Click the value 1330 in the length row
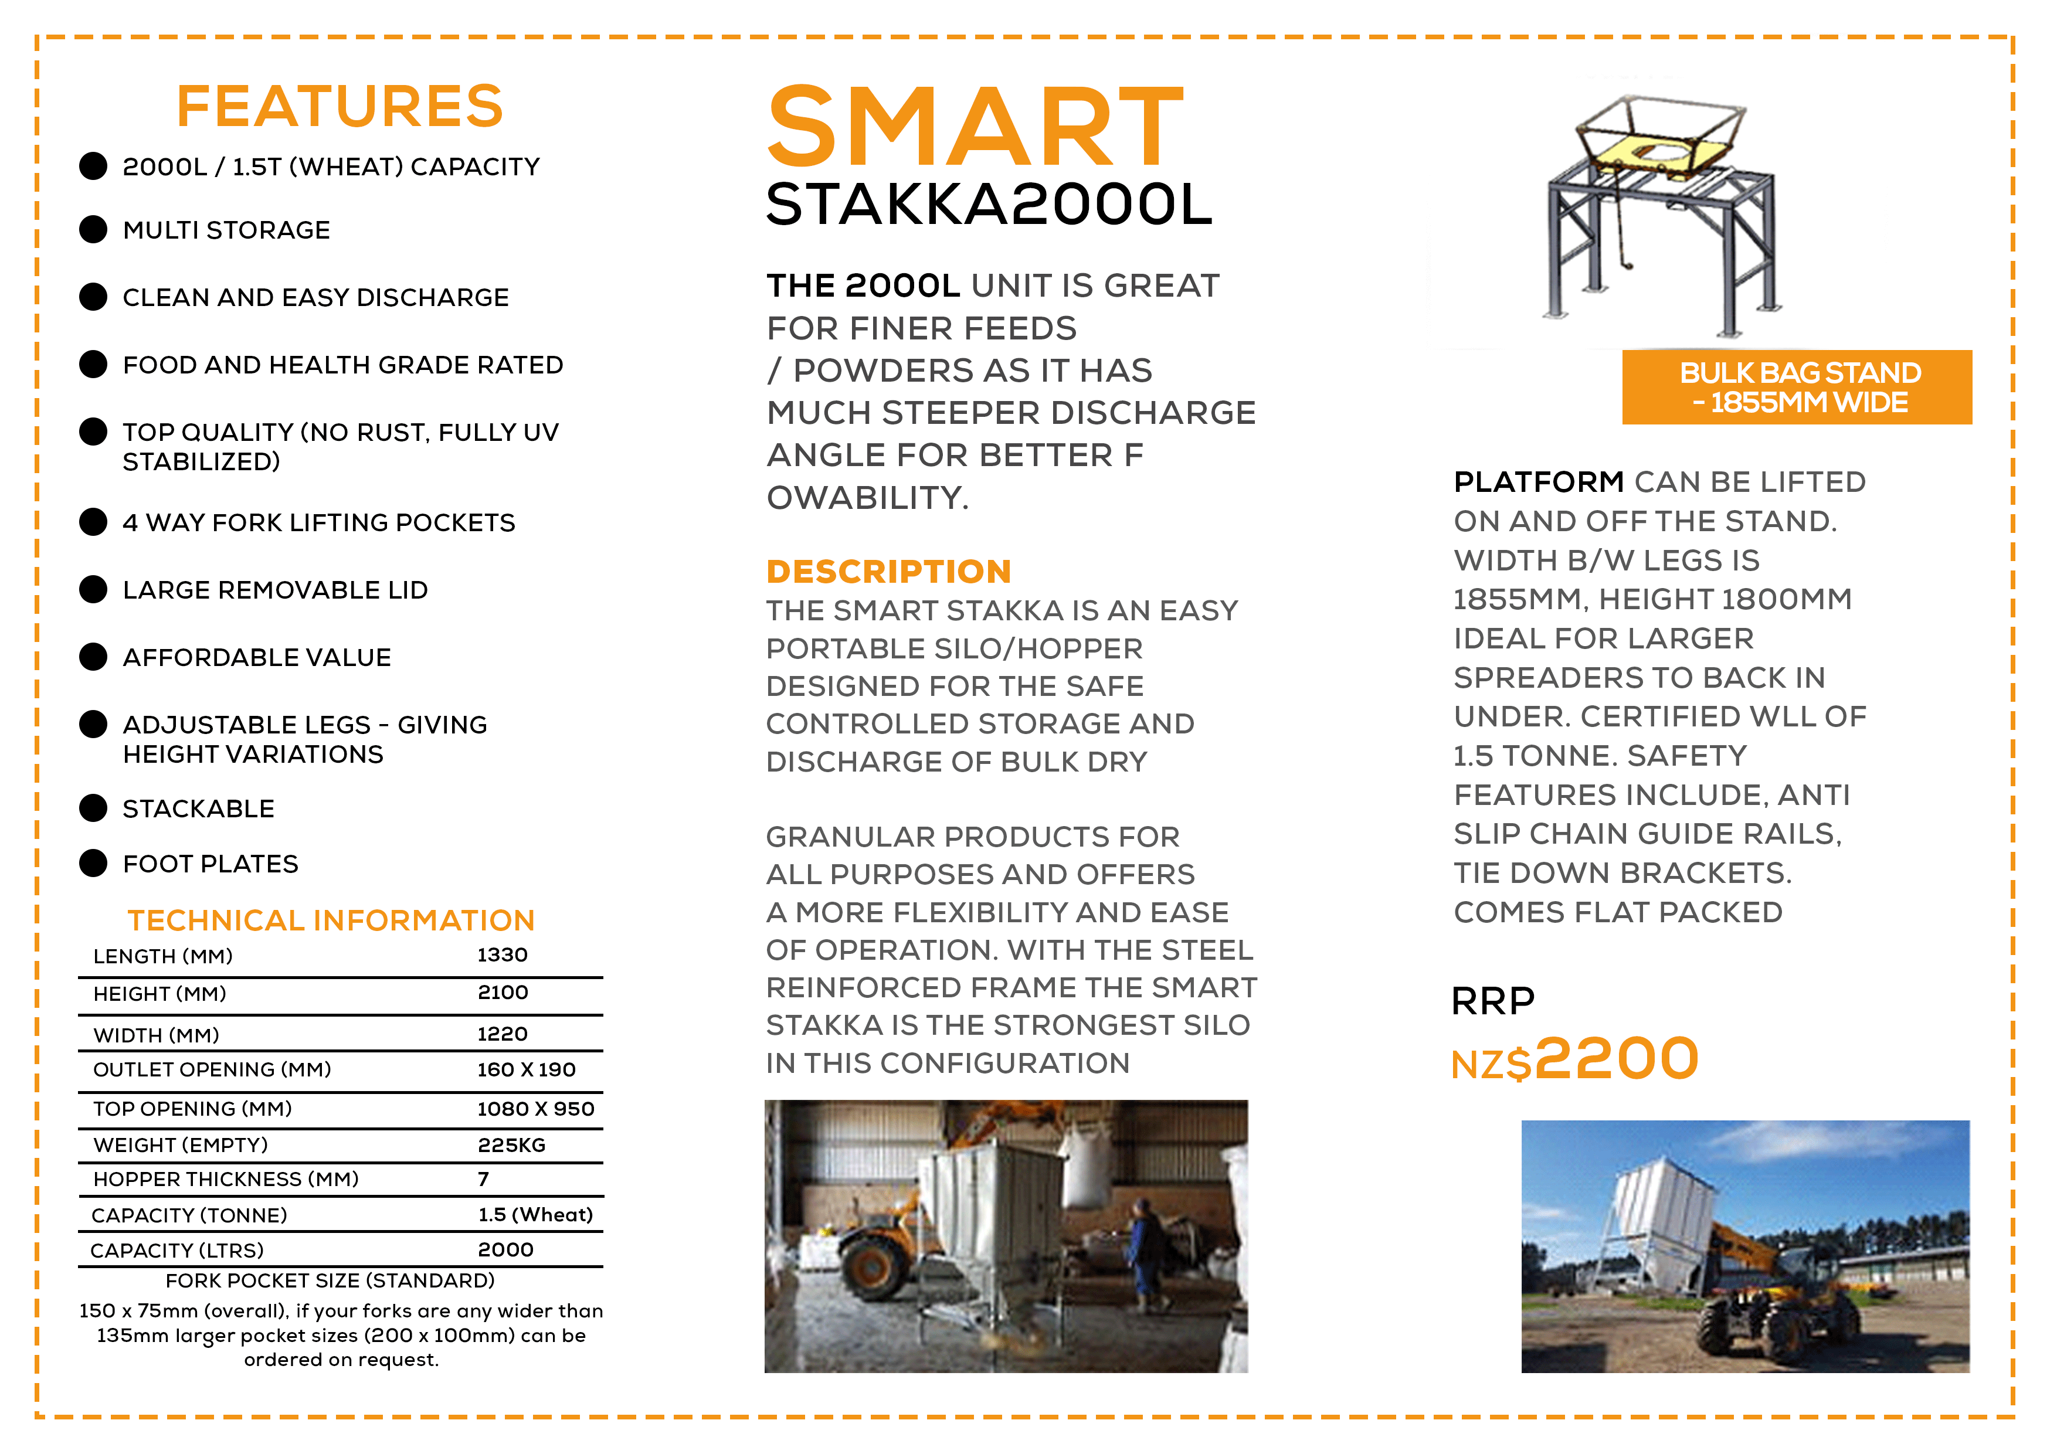point(502,955)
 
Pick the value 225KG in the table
point(511,1145)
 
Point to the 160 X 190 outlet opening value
point(526,1069)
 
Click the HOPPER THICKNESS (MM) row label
point(226,1179)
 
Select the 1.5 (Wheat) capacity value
point(535,1215)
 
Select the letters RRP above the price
point(1492,1001)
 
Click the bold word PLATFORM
point(1538,482)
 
